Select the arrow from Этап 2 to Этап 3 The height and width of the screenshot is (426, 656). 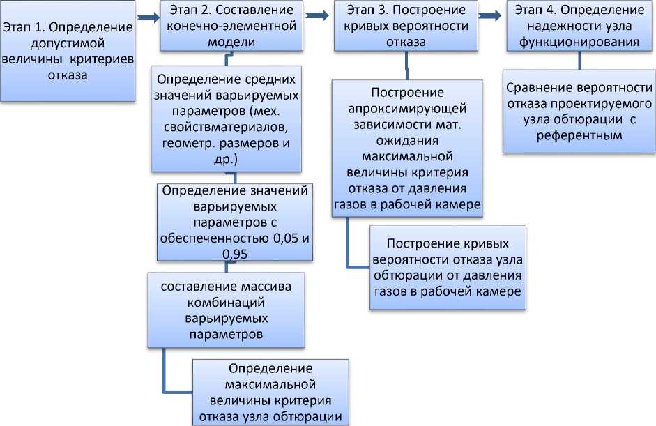[316, 14]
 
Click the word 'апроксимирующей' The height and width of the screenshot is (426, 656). [407, 109]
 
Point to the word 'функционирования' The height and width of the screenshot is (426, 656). [579, 41]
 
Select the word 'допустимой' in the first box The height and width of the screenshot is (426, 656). [68, 44]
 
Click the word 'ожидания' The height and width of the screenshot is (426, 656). [407, 140]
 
